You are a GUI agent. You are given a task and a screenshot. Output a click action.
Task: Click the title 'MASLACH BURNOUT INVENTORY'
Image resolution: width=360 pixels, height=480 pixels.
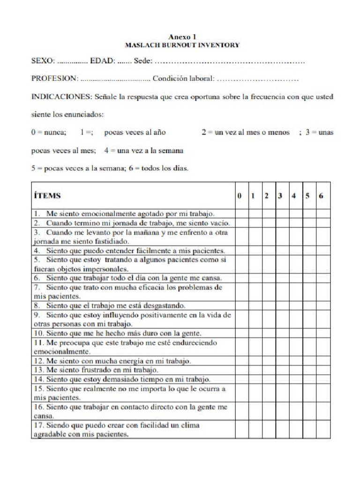(182, 45)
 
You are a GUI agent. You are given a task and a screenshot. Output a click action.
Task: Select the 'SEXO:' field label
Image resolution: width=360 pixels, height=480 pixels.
(43, 61)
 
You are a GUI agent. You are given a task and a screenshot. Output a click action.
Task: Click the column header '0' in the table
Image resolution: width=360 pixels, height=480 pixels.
(240, 195)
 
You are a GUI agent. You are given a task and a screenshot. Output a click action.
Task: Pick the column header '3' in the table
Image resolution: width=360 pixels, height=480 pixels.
(280, 195)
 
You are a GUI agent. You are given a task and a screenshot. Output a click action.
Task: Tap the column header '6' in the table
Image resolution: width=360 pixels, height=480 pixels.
(321, 195)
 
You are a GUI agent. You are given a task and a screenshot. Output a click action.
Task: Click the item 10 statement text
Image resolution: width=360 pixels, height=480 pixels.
(117, 333)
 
